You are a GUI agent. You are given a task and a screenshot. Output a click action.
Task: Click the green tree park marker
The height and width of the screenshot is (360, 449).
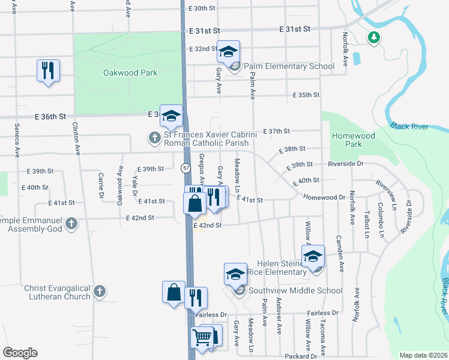click(374, 38)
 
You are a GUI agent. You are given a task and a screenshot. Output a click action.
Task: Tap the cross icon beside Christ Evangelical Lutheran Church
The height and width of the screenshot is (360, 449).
click(100, 292)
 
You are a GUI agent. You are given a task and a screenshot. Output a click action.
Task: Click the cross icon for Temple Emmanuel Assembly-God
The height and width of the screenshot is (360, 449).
click(71, 224)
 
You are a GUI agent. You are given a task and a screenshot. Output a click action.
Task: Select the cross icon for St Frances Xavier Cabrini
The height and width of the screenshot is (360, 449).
click(154, 139)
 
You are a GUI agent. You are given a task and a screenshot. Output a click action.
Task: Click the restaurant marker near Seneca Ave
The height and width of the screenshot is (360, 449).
click(48, 71)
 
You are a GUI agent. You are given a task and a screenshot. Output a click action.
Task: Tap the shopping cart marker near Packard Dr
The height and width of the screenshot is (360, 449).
click(202, 338)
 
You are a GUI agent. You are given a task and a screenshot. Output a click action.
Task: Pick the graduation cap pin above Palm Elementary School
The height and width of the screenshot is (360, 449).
click(228, 52)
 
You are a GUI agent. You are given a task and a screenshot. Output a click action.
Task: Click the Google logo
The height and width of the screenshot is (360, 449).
click(20, 352)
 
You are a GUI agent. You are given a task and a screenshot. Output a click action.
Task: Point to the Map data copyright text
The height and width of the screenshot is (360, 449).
click(423, 355)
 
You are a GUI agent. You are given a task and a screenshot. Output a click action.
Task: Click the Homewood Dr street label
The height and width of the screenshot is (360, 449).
click(324, 197)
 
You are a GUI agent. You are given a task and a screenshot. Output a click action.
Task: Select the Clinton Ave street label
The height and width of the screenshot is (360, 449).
click(76, 139)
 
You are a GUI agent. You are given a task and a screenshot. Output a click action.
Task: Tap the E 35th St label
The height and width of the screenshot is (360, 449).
click(306, 95)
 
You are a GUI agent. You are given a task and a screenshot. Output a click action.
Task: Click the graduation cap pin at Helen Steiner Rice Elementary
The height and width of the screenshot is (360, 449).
click(313, 257)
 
